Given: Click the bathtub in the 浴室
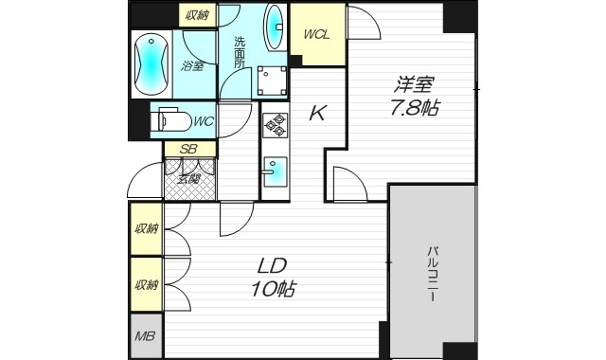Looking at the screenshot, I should tap(151, 63).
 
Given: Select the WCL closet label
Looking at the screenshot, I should tap(316, 34).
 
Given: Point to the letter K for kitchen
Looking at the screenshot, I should tap(318, 115).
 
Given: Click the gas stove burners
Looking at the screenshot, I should tap(275, 125).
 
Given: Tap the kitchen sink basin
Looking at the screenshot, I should tap(274, 171).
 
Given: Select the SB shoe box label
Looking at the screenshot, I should tap(188, 149).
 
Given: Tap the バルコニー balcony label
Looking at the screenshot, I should tap(432, 275).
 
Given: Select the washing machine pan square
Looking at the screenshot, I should tap(273, 81).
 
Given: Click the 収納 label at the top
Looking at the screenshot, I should tap(197, 14).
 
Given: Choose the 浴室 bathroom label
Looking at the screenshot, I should tap(194, 66).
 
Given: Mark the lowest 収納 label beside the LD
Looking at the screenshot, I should tap(145, 284).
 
